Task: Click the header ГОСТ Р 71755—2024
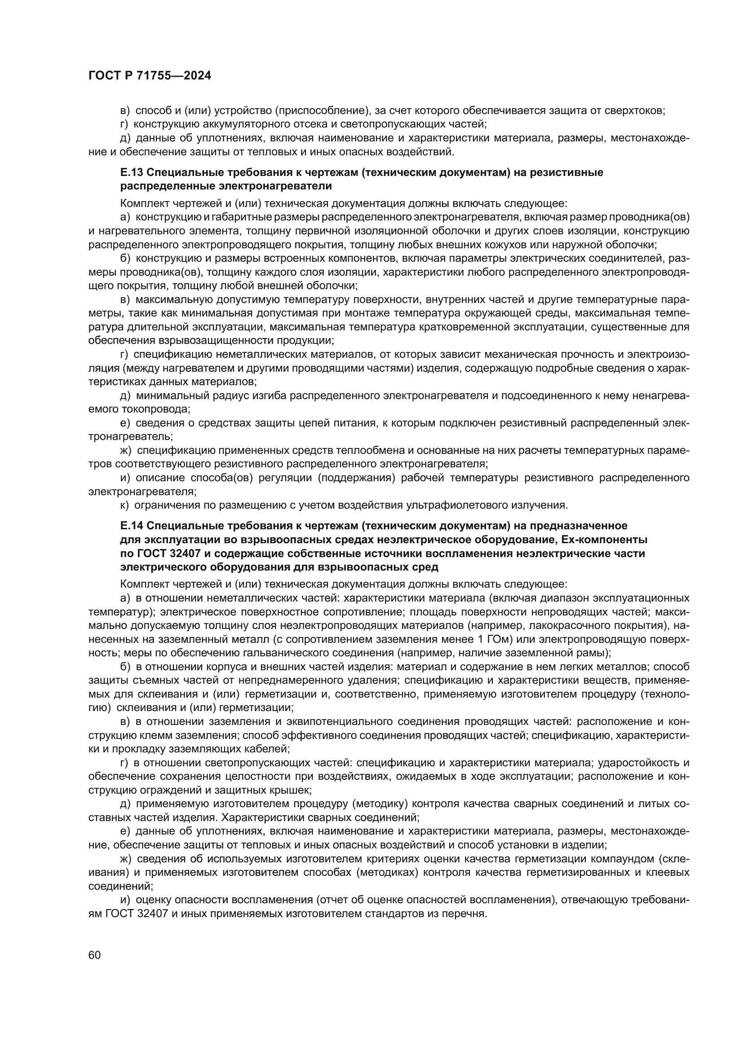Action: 150,76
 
